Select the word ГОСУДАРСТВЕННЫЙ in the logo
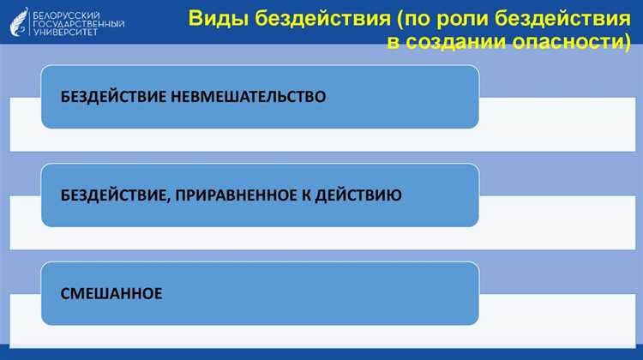(77, 24)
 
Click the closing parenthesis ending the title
(628, 42)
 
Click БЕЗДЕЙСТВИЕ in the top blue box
(113, 97)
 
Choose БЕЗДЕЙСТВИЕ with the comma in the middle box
(115, 195)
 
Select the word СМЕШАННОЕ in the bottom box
(111, 293)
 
